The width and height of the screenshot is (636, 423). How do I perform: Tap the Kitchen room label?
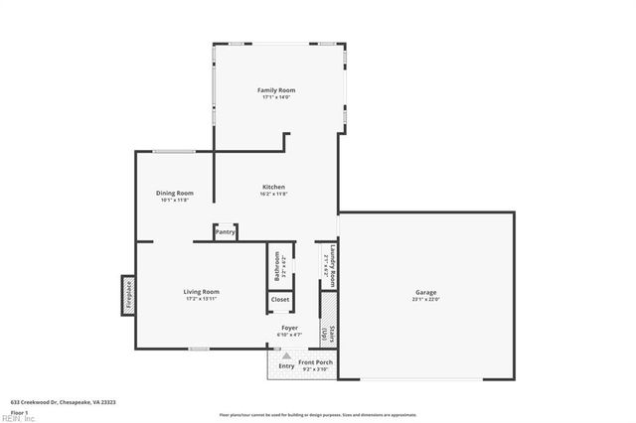(273, 187)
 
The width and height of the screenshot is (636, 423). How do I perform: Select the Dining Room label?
(174, 193)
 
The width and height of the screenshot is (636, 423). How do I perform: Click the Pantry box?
(225, 231)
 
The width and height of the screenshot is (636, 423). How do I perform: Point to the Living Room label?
(201, 291)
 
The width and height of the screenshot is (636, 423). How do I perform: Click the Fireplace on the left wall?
(128, 295)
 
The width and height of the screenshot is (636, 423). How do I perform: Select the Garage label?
(426, 291)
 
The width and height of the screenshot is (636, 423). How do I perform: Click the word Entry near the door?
(286, 366)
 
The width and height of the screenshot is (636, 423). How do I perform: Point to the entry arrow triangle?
(286, 354)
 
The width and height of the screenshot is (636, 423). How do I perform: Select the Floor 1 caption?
(19, 411)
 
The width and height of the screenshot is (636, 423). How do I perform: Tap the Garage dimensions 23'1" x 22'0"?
(426, 298)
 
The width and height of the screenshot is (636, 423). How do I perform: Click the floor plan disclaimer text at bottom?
(318, 414)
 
